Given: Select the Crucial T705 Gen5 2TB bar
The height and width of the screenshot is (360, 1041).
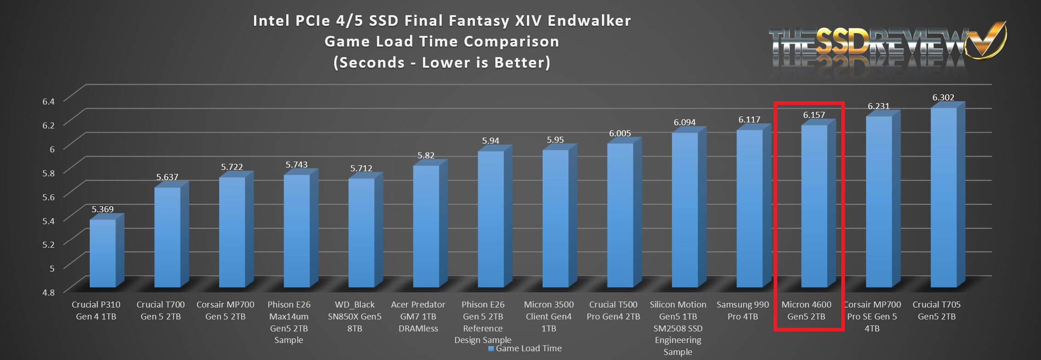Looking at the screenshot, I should pyautogui.click(x=943, y=198).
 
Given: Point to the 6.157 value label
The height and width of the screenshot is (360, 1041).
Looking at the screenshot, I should pyautogui.click(x=814, y=115).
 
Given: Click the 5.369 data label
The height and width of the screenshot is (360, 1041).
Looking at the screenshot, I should pyautogui.click(x=103, y=209).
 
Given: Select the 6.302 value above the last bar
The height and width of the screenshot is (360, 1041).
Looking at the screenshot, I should pyautogui.click(x=943, y=98).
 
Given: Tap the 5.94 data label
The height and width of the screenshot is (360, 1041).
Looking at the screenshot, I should pyautogui.click(x=491, y=141).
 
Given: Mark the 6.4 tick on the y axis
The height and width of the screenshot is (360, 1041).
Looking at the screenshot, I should pyautogui.click(x=48, y=101).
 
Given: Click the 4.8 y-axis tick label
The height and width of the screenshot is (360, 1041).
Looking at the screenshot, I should pyautogui.click(x=48, y=292).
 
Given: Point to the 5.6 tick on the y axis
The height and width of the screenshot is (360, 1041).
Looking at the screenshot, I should pyautogui.click(x=48, y=197).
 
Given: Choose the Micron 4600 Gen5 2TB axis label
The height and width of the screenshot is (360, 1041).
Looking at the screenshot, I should pyautogui.click(x=806, y=310).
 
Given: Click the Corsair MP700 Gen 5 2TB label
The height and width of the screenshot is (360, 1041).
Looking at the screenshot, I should pyautogui.click(x=225, y=310).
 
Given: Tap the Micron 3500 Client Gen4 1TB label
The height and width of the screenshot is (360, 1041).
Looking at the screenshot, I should pyautogui.click(x=549, y=316).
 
